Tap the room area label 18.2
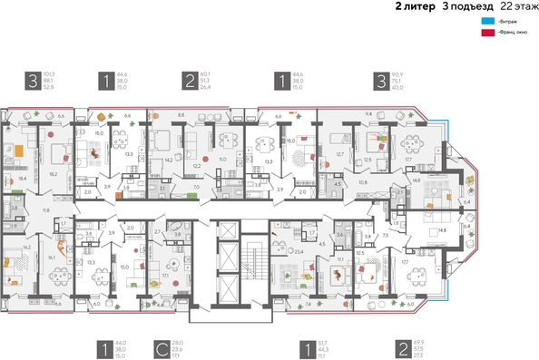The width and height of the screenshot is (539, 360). tap(54, 173)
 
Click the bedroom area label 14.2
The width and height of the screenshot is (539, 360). tap(169, 160)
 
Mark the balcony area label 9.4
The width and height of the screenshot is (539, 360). tap(369, 115)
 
